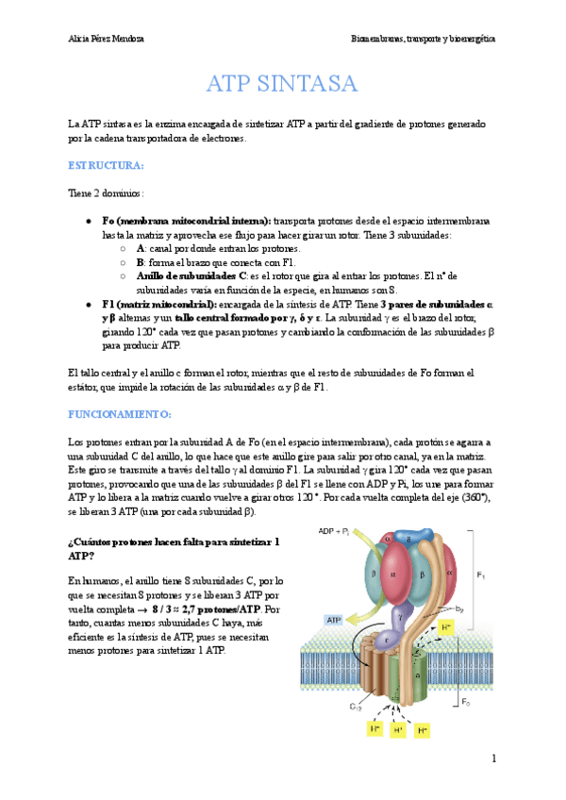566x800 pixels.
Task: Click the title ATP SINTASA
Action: tap(282, 83)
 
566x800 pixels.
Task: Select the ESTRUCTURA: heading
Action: tap(106, 165)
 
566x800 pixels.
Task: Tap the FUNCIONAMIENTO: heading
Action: tap(119, 413)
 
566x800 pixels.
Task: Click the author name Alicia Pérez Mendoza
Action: tap(108, 39)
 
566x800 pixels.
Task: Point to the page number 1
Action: tap(492, 758)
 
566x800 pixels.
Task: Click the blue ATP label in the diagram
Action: tap(333, 620)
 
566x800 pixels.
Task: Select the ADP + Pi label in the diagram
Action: tap(334, 530)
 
